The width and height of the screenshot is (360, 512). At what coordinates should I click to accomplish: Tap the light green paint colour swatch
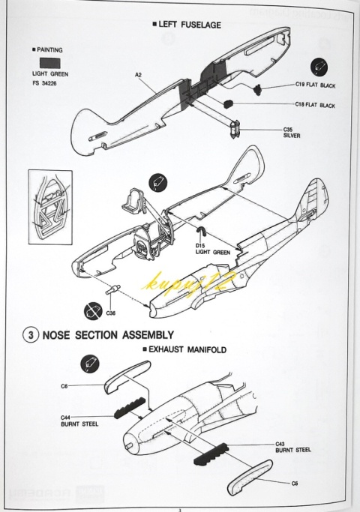50,64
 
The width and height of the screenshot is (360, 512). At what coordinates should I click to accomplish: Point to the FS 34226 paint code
44,83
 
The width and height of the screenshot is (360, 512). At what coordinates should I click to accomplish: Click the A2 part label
138,75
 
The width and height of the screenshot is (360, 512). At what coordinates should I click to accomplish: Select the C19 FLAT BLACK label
315,85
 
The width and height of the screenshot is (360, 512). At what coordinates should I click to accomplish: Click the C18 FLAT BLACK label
315,105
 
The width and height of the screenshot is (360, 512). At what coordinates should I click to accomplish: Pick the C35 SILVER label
292,133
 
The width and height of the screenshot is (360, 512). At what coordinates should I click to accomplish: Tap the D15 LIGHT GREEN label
213,249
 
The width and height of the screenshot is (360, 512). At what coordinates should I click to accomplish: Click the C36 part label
111,313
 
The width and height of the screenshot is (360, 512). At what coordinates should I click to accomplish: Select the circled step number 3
31,335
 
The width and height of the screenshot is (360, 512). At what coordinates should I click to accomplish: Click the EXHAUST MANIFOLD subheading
184,350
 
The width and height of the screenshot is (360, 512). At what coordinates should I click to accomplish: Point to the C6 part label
64,386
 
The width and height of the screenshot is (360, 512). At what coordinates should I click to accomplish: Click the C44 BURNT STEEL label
79,421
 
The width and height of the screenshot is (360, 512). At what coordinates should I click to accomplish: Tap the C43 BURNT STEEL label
293,447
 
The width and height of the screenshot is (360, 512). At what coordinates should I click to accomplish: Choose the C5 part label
295,483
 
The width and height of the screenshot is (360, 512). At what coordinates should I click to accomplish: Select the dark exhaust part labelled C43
211,454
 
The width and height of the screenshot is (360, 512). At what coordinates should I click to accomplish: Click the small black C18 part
229,103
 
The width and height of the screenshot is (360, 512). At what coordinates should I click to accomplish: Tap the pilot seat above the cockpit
133,199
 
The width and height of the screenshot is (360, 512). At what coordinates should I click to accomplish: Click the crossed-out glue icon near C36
93,311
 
